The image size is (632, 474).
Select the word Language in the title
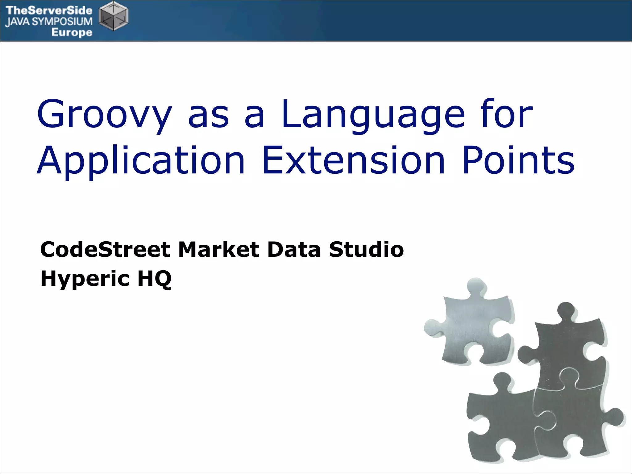(x=373, y=115)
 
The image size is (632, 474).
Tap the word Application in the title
(x=141, y=161)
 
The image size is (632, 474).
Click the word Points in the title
(x=518, y=161)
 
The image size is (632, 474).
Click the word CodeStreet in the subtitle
(x=105, y=249)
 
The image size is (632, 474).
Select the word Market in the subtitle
(x=218, y=249)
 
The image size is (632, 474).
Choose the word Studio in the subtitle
(x=366, y=249)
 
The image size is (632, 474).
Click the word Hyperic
(x=85, y=279)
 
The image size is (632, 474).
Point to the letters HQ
(x=154, y=279)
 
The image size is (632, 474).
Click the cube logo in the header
(x=114, y=16)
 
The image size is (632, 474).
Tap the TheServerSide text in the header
(x=49, y=10)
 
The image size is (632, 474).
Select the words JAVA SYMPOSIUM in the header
(x=49, y=22)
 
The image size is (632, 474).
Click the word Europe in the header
(x=72, y=32)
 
